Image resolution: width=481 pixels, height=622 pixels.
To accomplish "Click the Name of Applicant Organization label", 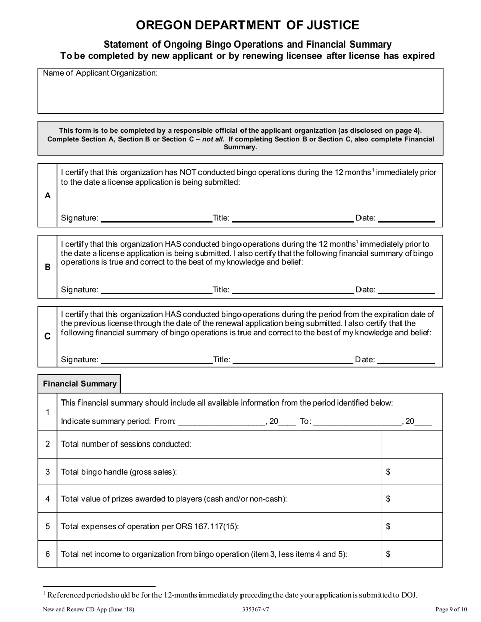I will (x=100, y=73).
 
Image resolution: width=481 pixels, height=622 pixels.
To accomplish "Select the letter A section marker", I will (x=48, y=195).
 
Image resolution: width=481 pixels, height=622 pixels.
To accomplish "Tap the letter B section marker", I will (x=48, y=267).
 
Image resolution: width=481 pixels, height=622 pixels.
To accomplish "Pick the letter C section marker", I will (x=48, y=336).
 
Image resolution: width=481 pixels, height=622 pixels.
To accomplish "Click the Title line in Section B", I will (x=292, y=290).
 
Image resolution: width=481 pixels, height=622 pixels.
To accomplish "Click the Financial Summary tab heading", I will (x=79, y=384).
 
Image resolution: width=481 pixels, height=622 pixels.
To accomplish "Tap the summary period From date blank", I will (x=221, y=421).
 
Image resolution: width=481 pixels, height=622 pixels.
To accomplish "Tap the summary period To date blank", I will (x=357, y=421).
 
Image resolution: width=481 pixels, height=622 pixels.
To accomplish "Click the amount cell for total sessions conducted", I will (x=411, y=445).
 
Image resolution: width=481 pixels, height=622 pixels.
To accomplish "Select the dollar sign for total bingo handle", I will (x=388, y=472).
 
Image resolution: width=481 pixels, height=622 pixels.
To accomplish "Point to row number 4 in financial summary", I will (x=48, y=499).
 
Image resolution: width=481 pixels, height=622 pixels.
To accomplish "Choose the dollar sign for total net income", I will (x=388, y=554).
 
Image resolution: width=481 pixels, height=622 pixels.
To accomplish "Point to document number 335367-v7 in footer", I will (x=256, y=610).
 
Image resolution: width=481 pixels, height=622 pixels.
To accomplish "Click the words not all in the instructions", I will (x=213, y=139).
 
